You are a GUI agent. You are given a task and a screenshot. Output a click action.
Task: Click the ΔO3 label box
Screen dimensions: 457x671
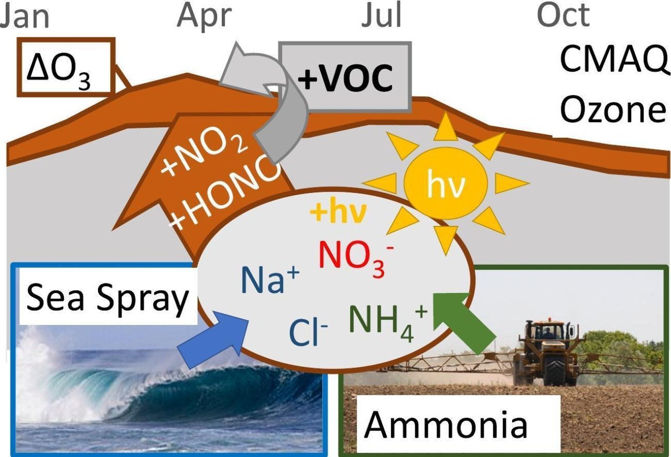pos(67,67)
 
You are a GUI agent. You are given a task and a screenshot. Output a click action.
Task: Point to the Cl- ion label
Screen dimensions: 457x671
pos(309,333)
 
